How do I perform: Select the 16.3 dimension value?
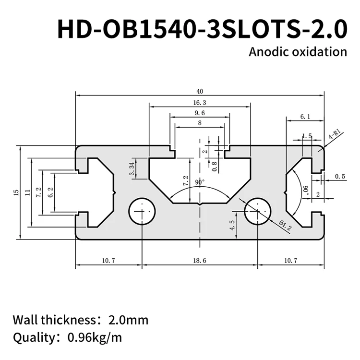click(x=200, y=103)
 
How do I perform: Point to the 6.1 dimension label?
click(x=305, y=116)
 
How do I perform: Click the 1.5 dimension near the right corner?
click(x=307, y=136)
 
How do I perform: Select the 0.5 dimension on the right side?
click(x=340, y=177)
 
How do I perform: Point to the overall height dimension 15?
click(x=16, y=192)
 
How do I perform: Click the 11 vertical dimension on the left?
click(x=28, y=192)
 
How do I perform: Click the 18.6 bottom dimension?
click(x=200, y=260)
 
